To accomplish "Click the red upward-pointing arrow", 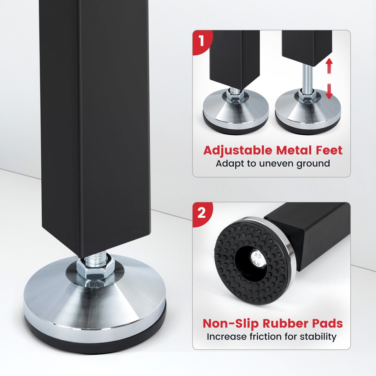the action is pyautogui.click(x=329, y=66).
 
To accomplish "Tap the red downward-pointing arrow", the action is pyautogui.click(x=329, y=92).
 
